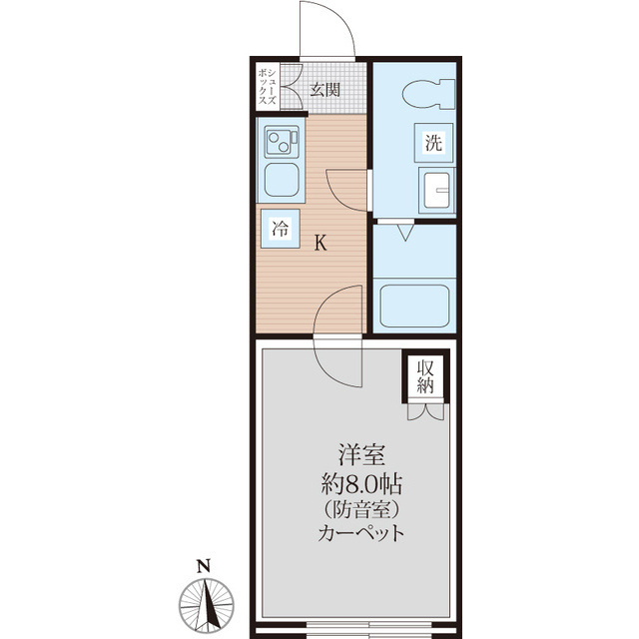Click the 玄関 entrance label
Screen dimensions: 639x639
tap(324, 89)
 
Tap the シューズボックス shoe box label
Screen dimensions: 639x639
tap(268, 87)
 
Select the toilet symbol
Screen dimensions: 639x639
tap(428, 94)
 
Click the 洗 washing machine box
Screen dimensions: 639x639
tap(433, 142)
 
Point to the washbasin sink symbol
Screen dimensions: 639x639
tap(436, 190)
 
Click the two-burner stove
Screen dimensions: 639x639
tap(282, 142)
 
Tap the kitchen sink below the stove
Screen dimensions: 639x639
tap(282, 180)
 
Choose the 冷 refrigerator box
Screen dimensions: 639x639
tap(280, 229)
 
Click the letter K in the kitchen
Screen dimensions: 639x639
tap(320, 244)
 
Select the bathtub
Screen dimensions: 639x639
tap(414, 306)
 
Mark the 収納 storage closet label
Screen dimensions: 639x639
tap(425, 377)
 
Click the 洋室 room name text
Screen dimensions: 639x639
tap(361, 455)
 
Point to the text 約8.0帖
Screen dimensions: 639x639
tap(361, 485)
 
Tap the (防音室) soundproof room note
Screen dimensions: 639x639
tap(361, 509)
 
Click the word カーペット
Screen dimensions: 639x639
tap(361, 532)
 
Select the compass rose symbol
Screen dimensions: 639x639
tap(207, 605)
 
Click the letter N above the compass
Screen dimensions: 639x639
tap(204, 566)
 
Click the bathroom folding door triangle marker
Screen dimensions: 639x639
tap(405, 232)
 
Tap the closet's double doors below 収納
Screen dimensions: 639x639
tap(425, 411)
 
